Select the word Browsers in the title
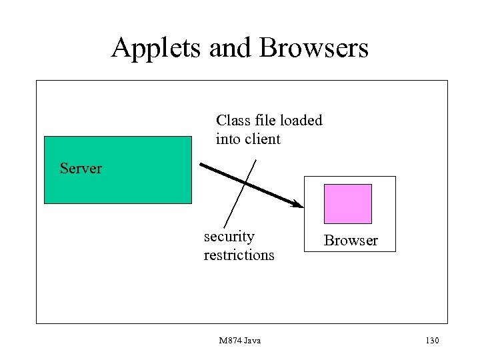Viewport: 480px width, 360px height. (317, 49)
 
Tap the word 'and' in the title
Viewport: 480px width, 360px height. (229, 49)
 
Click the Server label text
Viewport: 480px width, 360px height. (81, 168)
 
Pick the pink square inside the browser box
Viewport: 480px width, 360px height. (347, 203)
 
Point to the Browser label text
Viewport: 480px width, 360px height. (351, 241)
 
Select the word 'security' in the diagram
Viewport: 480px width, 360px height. (229, 237)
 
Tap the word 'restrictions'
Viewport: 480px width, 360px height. (239, 255)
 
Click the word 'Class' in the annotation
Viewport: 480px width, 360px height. (233, 121)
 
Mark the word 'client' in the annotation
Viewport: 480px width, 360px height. (263, 139)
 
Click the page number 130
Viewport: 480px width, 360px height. (431, 341)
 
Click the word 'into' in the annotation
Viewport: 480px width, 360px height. (229, 139)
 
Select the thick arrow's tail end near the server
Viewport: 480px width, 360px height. (199, 164)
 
